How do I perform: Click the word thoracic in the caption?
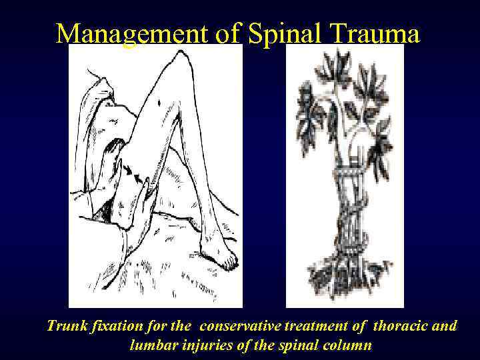point(399,327)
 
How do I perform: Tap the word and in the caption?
point(445,327)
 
